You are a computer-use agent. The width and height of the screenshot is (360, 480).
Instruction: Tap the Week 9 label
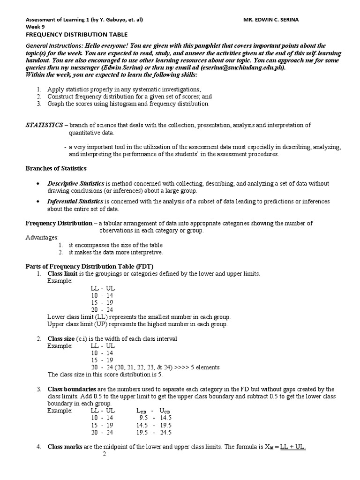[x=35, y=27]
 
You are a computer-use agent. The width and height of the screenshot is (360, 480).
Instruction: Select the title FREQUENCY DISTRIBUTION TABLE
[x=76, y=34]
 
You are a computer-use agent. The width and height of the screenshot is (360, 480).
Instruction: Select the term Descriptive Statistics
[x=76, y=184]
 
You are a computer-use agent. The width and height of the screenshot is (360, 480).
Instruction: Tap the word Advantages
[x=42, y=238]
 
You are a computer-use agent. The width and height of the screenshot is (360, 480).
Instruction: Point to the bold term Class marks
[x=65, y=447]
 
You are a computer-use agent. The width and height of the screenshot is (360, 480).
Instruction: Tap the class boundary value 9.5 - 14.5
[x=154, y=418]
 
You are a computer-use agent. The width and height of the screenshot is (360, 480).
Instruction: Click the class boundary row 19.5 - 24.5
[x=154, y=432]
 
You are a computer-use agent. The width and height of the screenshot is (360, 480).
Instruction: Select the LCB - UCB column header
[x=153, y=411]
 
